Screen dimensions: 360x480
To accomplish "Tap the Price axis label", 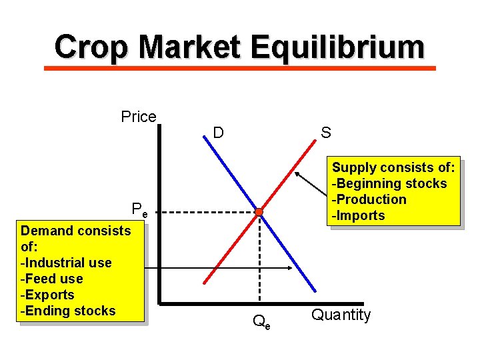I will tap(139, 117).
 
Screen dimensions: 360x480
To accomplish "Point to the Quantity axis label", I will tap(341, 315).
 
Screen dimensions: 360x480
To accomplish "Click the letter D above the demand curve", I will tap(218, 133).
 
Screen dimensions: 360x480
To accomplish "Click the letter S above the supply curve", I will tap(325, 133).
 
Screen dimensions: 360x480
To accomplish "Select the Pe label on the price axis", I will tap(139, 211).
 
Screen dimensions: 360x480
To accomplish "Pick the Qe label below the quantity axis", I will tap(261, 323).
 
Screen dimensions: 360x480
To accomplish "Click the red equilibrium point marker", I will tap(259, 213).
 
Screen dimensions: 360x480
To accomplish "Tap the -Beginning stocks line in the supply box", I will tap(389, 183).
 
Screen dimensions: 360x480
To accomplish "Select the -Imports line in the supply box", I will tap(359, 215).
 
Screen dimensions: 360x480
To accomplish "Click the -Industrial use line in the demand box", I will tap(66, 263).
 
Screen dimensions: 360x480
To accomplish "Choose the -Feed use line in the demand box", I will tap(52, 279).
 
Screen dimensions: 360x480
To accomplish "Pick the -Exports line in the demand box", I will tap(47, 295).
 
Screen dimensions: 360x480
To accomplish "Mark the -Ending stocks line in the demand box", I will tap(68, 311).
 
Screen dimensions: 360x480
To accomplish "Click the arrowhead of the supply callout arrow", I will tap(296, 172).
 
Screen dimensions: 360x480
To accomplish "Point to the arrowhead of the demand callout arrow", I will tap(291, 269).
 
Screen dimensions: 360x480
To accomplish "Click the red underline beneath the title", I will tap(239, 68).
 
